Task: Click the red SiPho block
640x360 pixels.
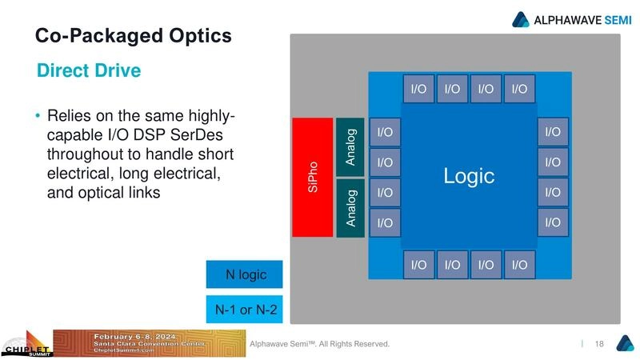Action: click(312, 177)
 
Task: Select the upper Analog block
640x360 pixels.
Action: click(350, 146)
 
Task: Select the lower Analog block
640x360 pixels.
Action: click(350, 207)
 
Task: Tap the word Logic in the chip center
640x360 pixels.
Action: click(469, 176)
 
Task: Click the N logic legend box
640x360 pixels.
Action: click(246, 275)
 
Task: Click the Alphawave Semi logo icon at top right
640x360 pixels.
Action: click(522, 19)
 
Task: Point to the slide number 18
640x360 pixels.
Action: click(599, 344)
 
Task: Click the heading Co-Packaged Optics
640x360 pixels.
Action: click(134, 36)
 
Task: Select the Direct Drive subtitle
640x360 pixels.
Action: click(89, 71)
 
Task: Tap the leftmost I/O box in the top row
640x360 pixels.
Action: click(418, 89)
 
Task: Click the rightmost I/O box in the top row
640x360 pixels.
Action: click(520, 89)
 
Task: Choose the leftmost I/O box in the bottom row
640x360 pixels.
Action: click(418, 265)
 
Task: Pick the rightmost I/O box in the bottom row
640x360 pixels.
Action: click(520, 265)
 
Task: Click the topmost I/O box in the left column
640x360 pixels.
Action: click(385, 132)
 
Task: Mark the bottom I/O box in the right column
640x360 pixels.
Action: click(553, 222)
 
